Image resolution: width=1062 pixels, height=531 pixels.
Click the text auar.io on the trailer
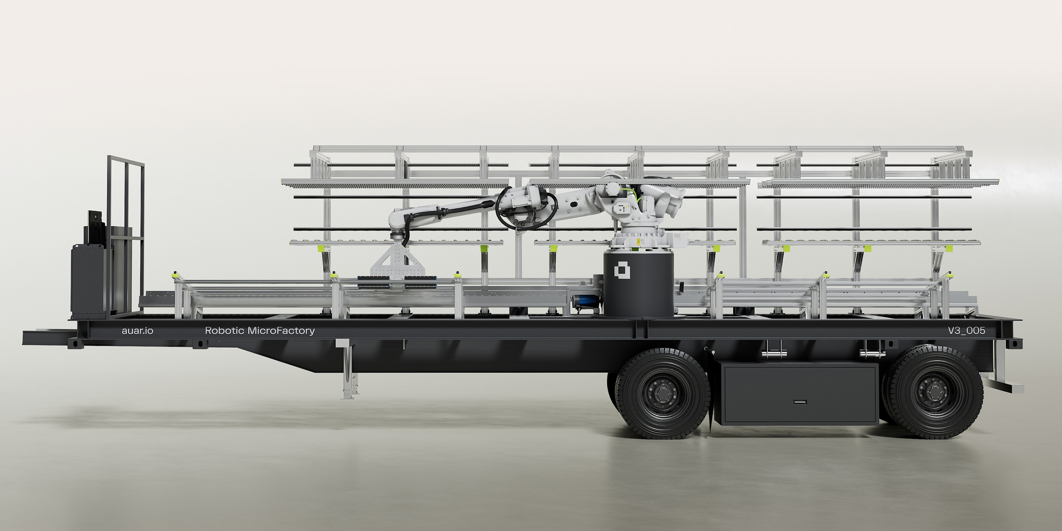(137, 331)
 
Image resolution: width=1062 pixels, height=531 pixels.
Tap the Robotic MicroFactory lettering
(260, 331)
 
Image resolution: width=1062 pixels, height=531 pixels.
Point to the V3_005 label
(966, 331)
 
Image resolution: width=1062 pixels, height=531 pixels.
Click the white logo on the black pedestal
(622, 270)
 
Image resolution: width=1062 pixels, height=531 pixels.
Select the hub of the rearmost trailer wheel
(934, 392)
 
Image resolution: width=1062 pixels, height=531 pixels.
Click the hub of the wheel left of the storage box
(663, 392)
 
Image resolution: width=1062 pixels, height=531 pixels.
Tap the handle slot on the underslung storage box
(800, 402)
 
